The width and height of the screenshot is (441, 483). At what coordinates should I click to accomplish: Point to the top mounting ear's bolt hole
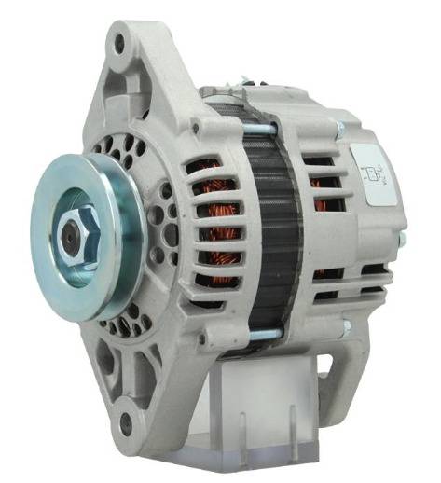click(x=117, y=41)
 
